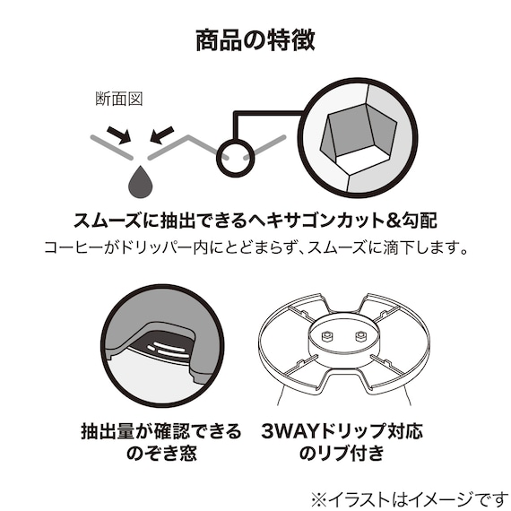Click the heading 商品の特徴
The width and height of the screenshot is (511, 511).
(x=255, y=40)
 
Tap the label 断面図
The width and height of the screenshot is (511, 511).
(x=113, y=98)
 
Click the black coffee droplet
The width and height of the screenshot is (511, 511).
(x=139, y=182)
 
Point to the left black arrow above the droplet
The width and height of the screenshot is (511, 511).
(x=117, y=135)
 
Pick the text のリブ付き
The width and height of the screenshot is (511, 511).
(x=340, y=455)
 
